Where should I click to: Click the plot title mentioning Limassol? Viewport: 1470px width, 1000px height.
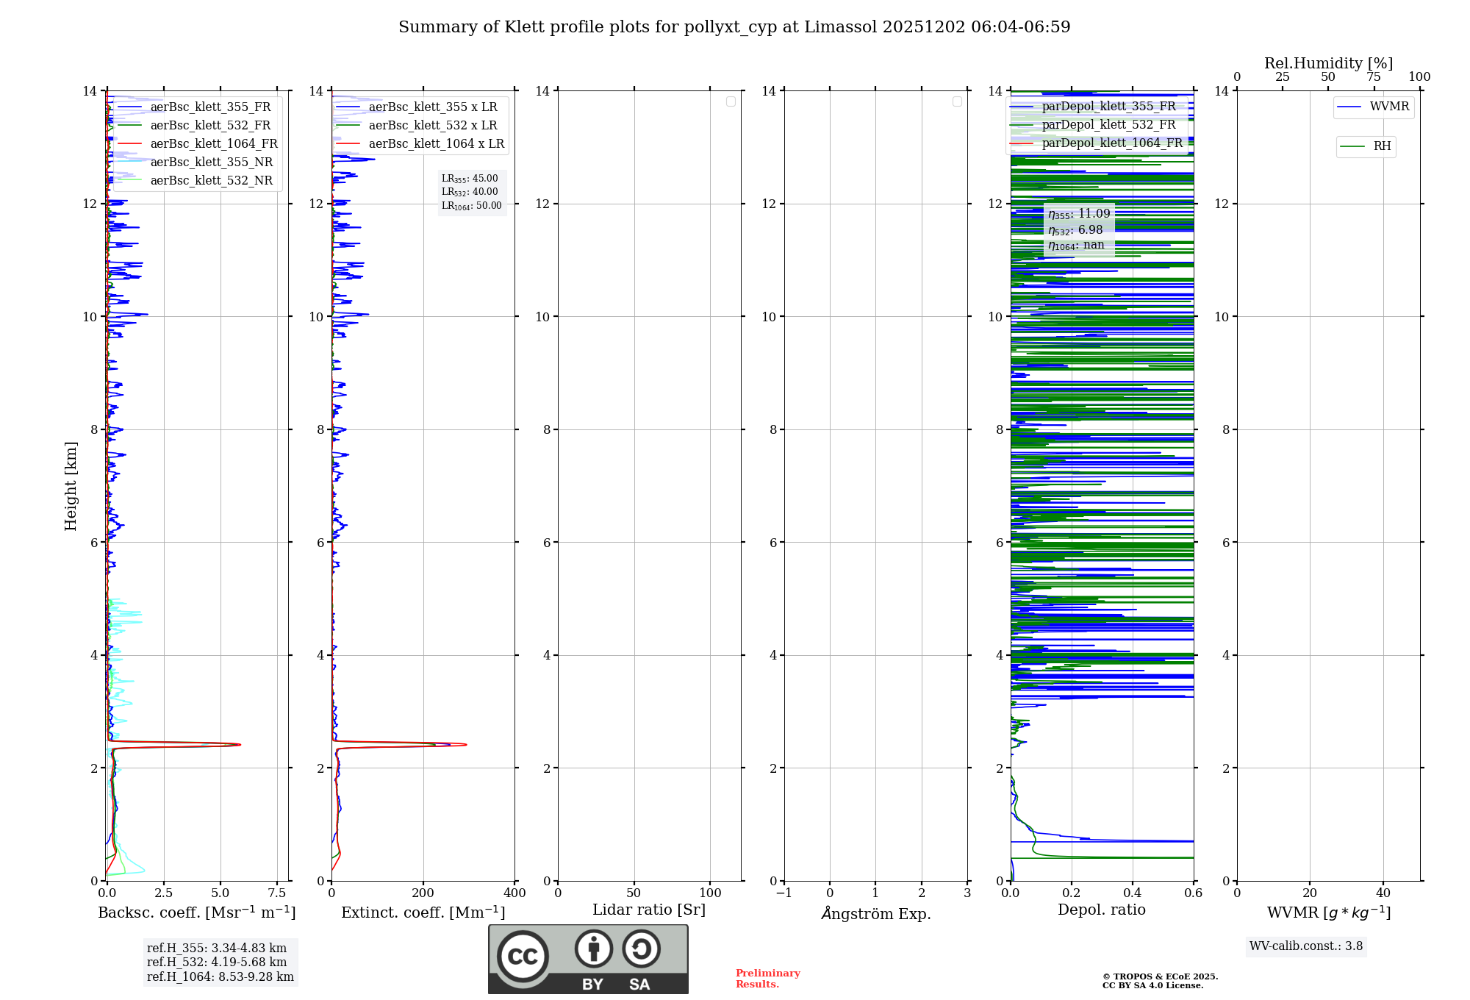point(734,27)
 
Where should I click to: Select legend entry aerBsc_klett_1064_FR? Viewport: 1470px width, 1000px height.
point(213,144)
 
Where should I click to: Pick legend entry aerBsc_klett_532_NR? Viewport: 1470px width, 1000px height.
point(211,181)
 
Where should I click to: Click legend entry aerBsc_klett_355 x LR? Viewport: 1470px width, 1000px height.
point(432,107)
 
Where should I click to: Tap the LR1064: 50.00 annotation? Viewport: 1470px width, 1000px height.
point(471,206)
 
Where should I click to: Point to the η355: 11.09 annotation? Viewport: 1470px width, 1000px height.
point(1078,214)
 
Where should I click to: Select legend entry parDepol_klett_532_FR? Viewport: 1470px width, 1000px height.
point(1108,125)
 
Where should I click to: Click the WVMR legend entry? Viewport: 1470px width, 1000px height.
point(1388,107)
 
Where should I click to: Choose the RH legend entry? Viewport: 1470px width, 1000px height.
point(1381,146)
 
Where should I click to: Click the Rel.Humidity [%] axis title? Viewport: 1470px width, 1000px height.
point(1328,63)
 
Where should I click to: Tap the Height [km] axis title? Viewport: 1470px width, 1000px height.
point(71,485)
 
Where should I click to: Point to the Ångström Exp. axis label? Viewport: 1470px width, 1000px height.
point(875,913)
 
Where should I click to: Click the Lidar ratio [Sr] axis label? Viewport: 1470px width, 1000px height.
point(648,910)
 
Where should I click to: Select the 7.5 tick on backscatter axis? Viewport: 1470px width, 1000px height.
point(277,893)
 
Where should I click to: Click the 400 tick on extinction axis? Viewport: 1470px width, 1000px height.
point(514,893)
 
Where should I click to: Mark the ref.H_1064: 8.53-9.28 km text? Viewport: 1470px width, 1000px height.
point(220,977)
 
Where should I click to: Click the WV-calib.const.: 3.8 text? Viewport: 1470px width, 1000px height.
point(1305,946)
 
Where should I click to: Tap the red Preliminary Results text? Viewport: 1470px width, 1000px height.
point(767,979)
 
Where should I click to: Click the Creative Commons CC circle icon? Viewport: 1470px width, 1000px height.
point(523,957)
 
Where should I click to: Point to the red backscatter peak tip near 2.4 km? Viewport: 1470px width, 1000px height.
point(240,745)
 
